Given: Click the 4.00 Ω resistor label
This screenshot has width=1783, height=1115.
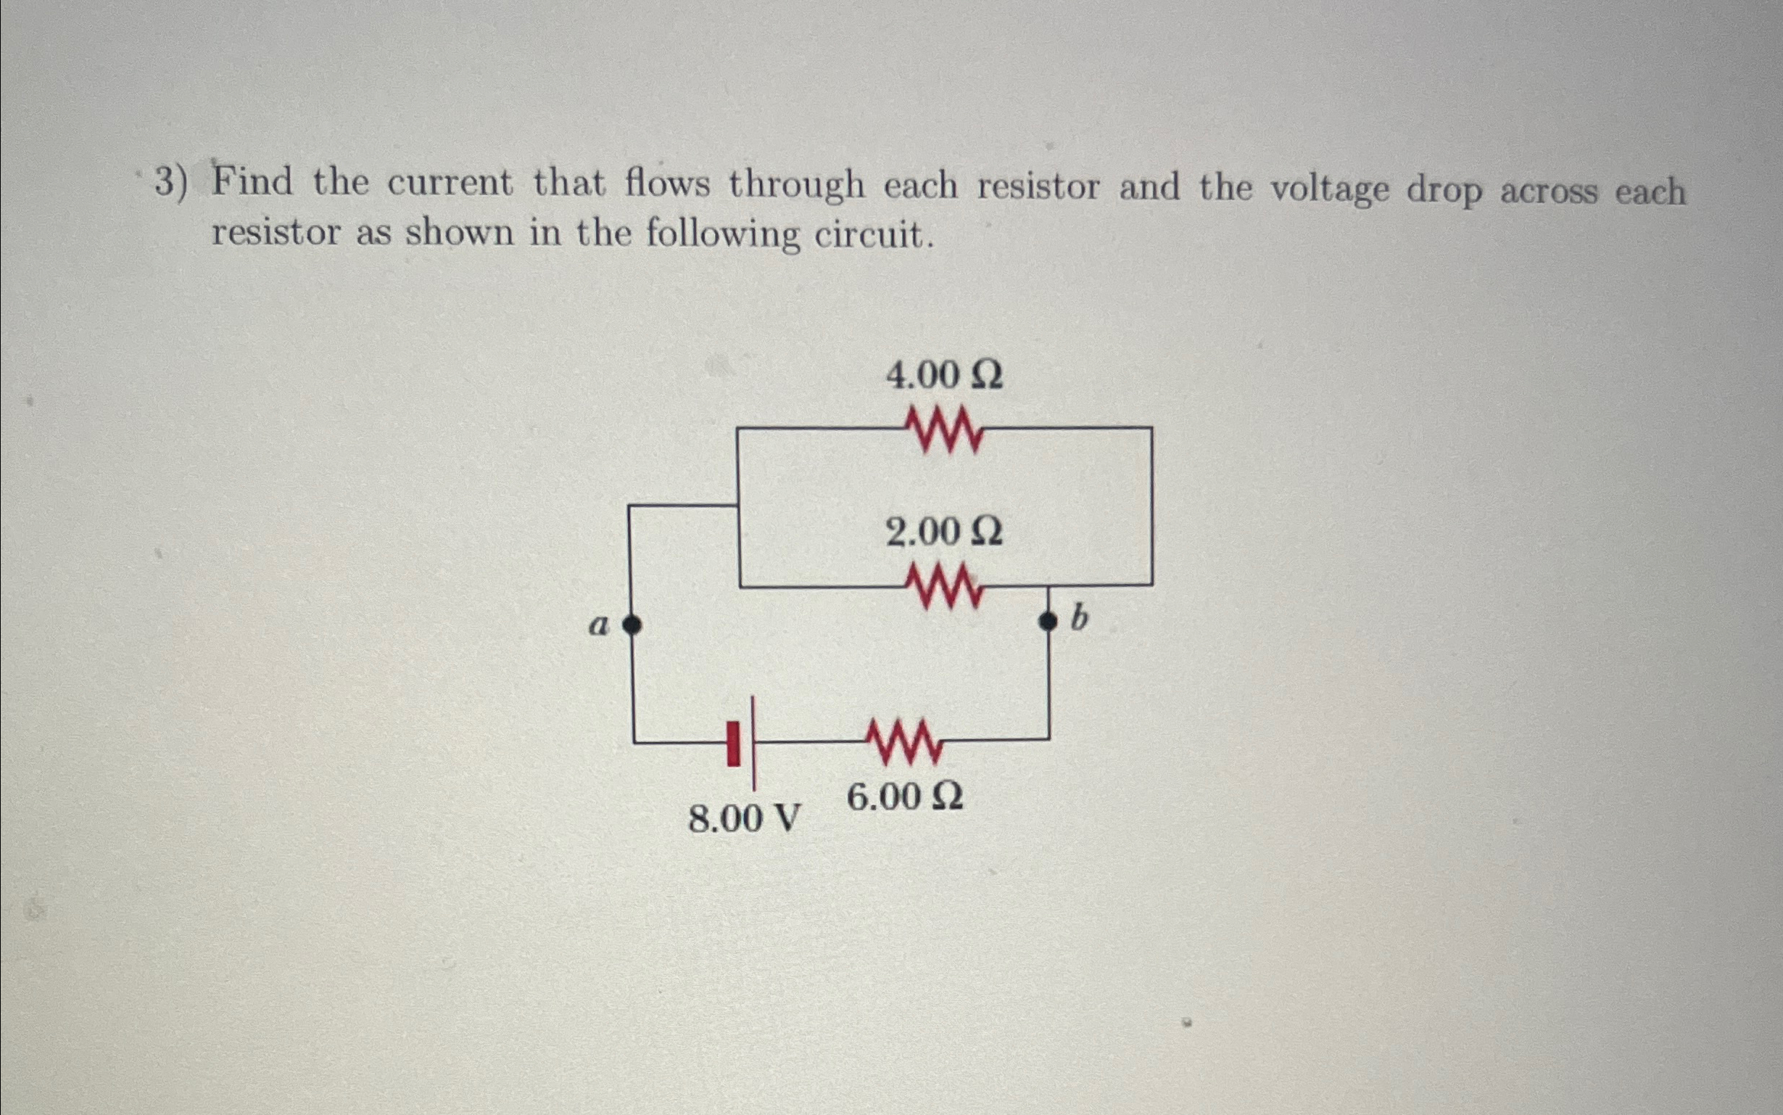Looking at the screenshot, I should (943, 376).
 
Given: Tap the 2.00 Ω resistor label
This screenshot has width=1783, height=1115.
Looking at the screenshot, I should (943, 532).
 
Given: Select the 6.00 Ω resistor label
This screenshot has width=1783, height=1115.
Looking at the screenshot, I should (905, 798).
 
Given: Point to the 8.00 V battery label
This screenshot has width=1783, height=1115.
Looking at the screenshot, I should (744, 819).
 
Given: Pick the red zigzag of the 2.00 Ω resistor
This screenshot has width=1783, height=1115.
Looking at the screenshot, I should (943, 586).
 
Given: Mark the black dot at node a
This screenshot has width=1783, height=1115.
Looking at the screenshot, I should (632, 625).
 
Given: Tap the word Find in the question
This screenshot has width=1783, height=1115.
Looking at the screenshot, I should (252, 182).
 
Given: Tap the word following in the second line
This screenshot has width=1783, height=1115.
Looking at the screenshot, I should (722, 235).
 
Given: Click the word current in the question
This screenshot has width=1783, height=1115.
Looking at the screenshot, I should (450, 184).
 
